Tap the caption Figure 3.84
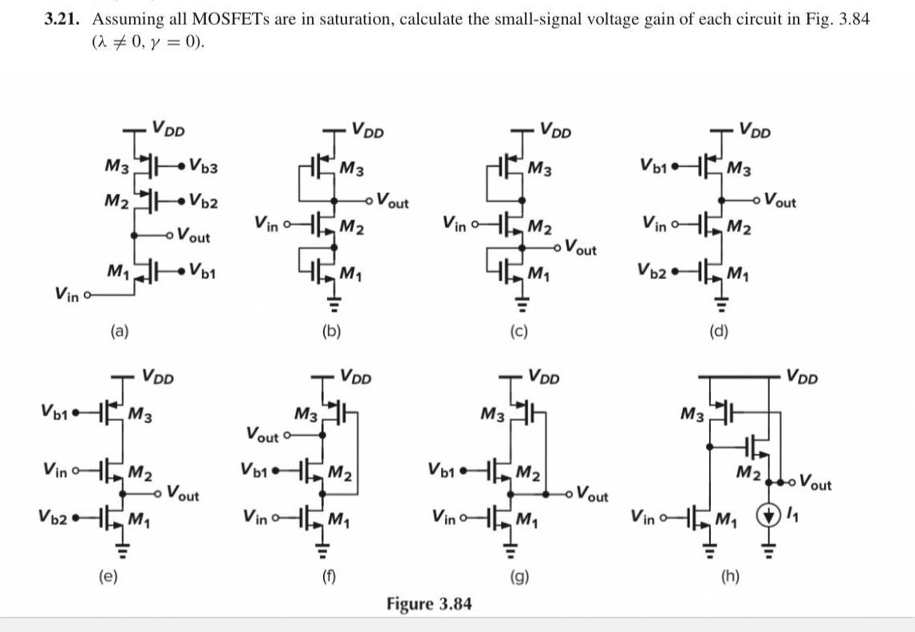(428, 603)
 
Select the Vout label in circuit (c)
(580, 249)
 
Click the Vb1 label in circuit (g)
(444, 469)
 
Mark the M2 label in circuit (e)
(141, 472)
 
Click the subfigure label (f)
(324, 572)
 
